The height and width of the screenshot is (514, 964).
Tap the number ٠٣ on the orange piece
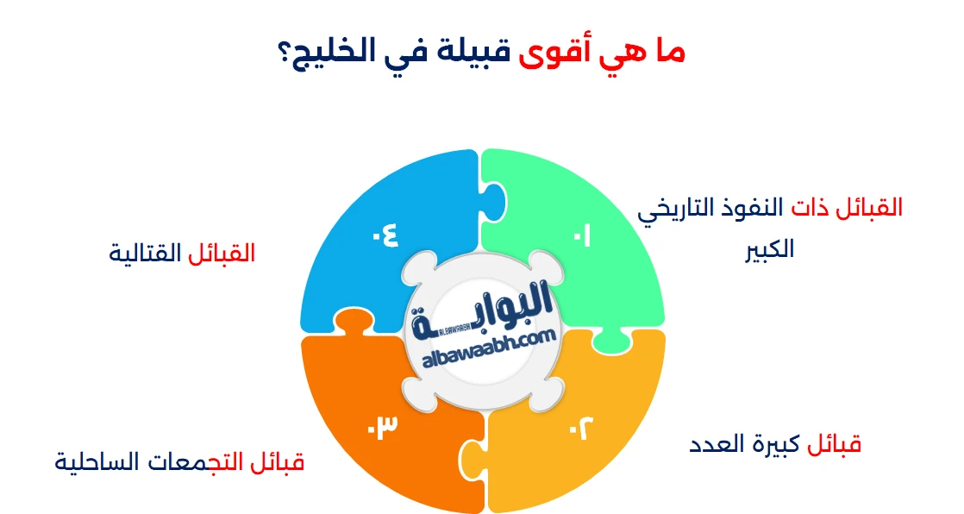click(x=382, y=425)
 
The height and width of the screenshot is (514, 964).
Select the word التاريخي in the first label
click(x=686, y=209)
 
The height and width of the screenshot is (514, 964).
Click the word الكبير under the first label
click(x=770, y=250)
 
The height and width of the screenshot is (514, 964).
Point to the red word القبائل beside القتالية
click(x=222, y=254)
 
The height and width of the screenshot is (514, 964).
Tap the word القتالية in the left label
click(x=146, y=254)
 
